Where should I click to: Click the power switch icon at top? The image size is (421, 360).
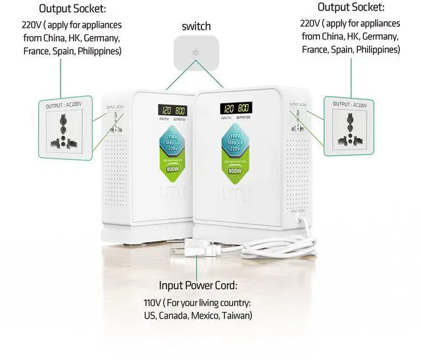(x=195, y=53)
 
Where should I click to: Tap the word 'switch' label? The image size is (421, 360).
(x=196, y=26)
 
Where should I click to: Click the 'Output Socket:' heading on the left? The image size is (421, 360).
(x=72, y=9)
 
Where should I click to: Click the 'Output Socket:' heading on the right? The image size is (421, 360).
(x=350, y=7)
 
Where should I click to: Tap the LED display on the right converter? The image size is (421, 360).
(x=235, y=108)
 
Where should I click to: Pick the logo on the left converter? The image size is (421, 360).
(x=172, y=195)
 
